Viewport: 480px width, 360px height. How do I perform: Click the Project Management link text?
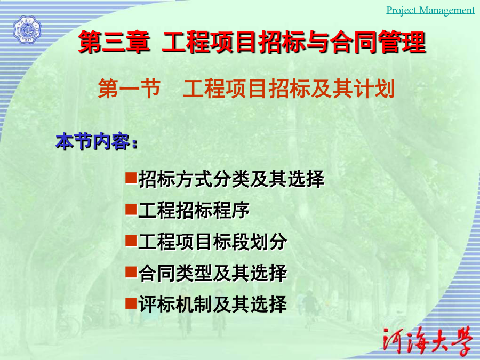coord(430,10)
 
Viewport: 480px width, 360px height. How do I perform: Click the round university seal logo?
coord(27,30)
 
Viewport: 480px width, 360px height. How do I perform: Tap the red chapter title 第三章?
coord(115,42)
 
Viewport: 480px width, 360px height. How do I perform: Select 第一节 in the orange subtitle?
coord(129,89)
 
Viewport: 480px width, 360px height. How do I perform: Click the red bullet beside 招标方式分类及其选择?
coord(131,178)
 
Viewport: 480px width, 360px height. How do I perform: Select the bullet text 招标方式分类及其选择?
coord(231,179)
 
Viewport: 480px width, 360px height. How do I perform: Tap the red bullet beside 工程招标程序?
coord(131,210)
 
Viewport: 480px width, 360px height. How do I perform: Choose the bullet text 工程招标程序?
coord(194,210)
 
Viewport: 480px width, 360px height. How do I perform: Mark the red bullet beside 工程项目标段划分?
coord(131,241)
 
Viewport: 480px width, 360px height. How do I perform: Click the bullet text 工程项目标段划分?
coord(213,242)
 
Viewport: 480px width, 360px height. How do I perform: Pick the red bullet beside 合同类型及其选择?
coord(131,272)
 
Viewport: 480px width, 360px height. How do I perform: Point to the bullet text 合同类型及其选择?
coord(213,273)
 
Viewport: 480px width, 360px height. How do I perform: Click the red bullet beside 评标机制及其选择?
coord(131,303)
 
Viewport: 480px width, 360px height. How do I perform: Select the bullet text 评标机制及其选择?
coord(213,305)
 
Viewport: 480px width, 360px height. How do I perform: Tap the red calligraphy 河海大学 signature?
coord(427,340)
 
